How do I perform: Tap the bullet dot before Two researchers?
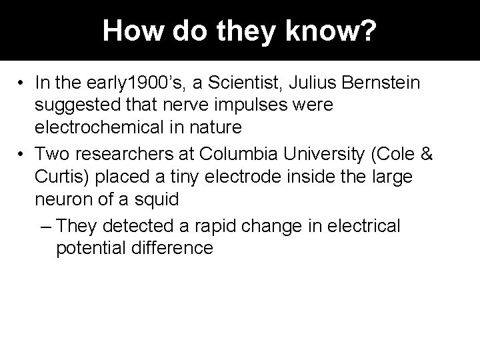[23, 156]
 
